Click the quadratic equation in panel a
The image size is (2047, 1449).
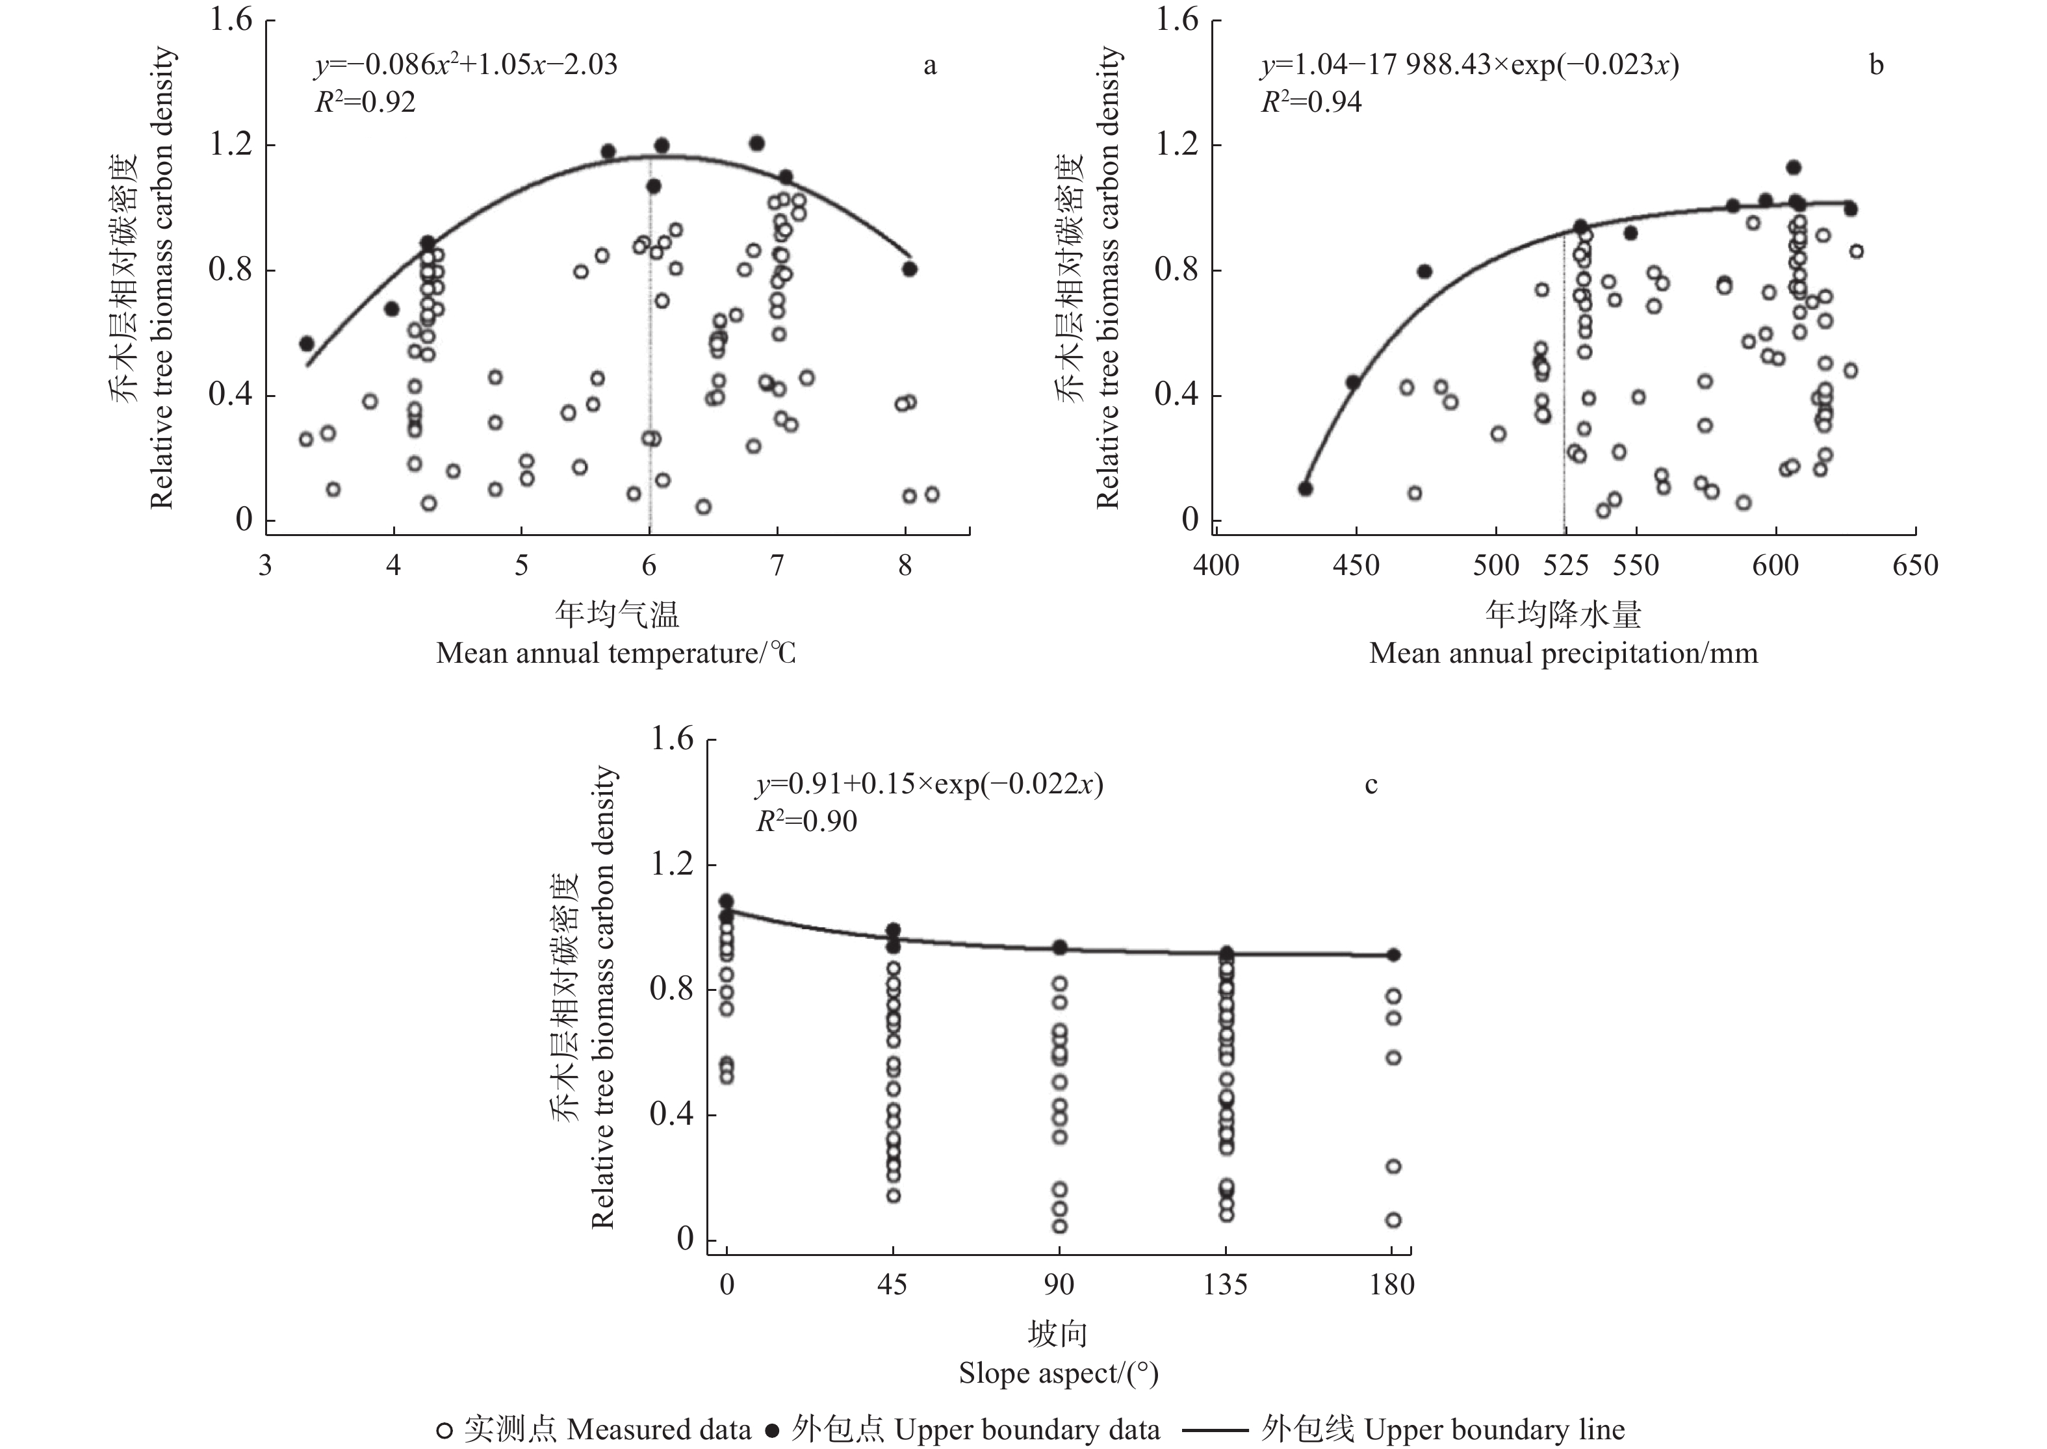[x=466, y=65]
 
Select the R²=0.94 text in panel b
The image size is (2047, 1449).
[x=1311, y=103]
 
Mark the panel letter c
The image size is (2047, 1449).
[x=1372, y=784]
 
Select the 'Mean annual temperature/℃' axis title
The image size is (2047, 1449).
[x=615, y=654]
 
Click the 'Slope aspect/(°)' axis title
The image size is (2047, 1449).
[x=1059, y=1373]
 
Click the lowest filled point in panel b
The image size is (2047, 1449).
[x=1306, y=488]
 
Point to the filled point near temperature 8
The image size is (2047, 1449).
[x=909, y=268]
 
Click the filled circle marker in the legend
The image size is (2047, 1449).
[x=773, y=1430]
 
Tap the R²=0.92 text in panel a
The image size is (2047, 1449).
[x=365, y=103]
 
